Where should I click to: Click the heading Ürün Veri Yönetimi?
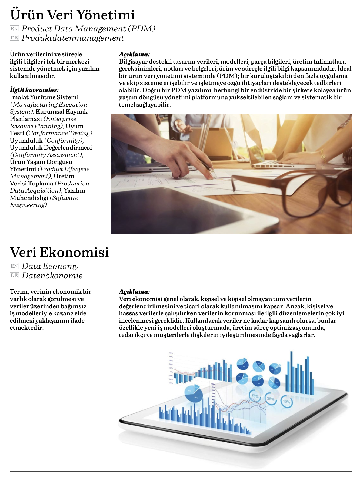[72, 15]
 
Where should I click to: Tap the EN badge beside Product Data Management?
[14, 29]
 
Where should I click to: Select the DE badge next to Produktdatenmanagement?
[14, 38]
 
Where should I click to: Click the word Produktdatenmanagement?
[73, 38]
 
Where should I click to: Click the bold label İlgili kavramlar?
[34, 90]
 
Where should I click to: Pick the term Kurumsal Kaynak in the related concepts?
[62, 111]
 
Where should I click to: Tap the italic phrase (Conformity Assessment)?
[46, 155]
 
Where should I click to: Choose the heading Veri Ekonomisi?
[59, 252]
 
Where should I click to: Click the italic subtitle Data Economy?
[50, 266]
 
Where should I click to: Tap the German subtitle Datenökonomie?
[52, 276]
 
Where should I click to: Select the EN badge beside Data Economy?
[14, 266]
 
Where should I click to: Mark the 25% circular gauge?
[271, 399]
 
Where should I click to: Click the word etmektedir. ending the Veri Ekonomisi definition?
[26, 328]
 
